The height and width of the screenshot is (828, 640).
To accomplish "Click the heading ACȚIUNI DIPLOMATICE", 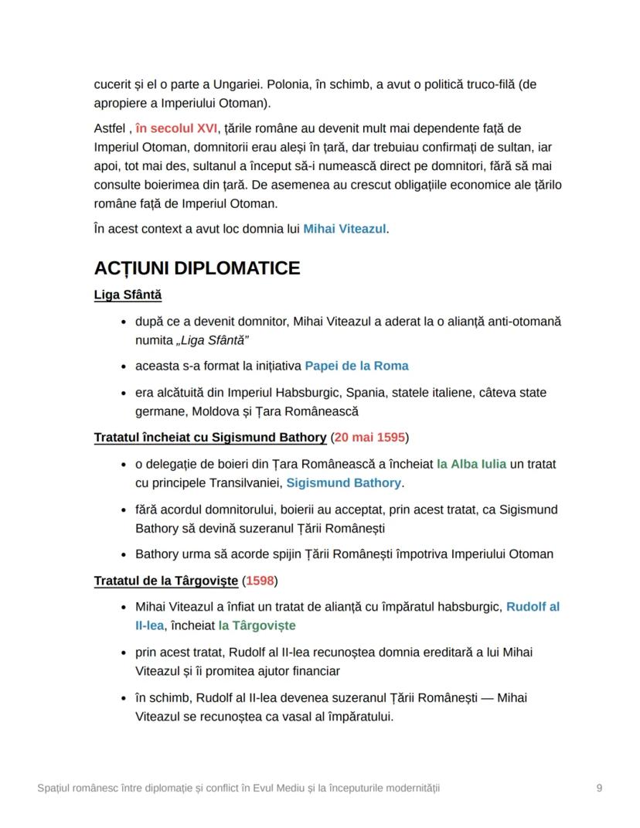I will [x=196, y=268].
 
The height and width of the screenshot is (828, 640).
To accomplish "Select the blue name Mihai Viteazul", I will [x=344, y=229].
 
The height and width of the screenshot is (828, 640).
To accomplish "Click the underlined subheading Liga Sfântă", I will [x=128, y=295].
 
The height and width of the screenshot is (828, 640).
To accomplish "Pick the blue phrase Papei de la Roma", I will [x=356, y=366].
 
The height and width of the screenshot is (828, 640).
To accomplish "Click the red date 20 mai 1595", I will [x=369, y=438].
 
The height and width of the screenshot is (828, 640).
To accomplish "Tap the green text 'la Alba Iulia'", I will [x=471, y=464].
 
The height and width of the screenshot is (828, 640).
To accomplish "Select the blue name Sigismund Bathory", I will [x=343, y=482].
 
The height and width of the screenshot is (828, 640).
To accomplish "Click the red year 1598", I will [x=260, y=581].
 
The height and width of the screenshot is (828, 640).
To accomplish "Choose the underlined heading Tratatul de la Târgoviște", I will [x=166, y=581].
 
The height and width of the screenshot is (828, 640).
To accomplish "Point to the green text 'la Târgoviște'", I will [x=257, y=625].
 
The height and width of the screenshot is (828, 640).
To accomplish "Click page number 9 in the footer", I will [x=599, y=788].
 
